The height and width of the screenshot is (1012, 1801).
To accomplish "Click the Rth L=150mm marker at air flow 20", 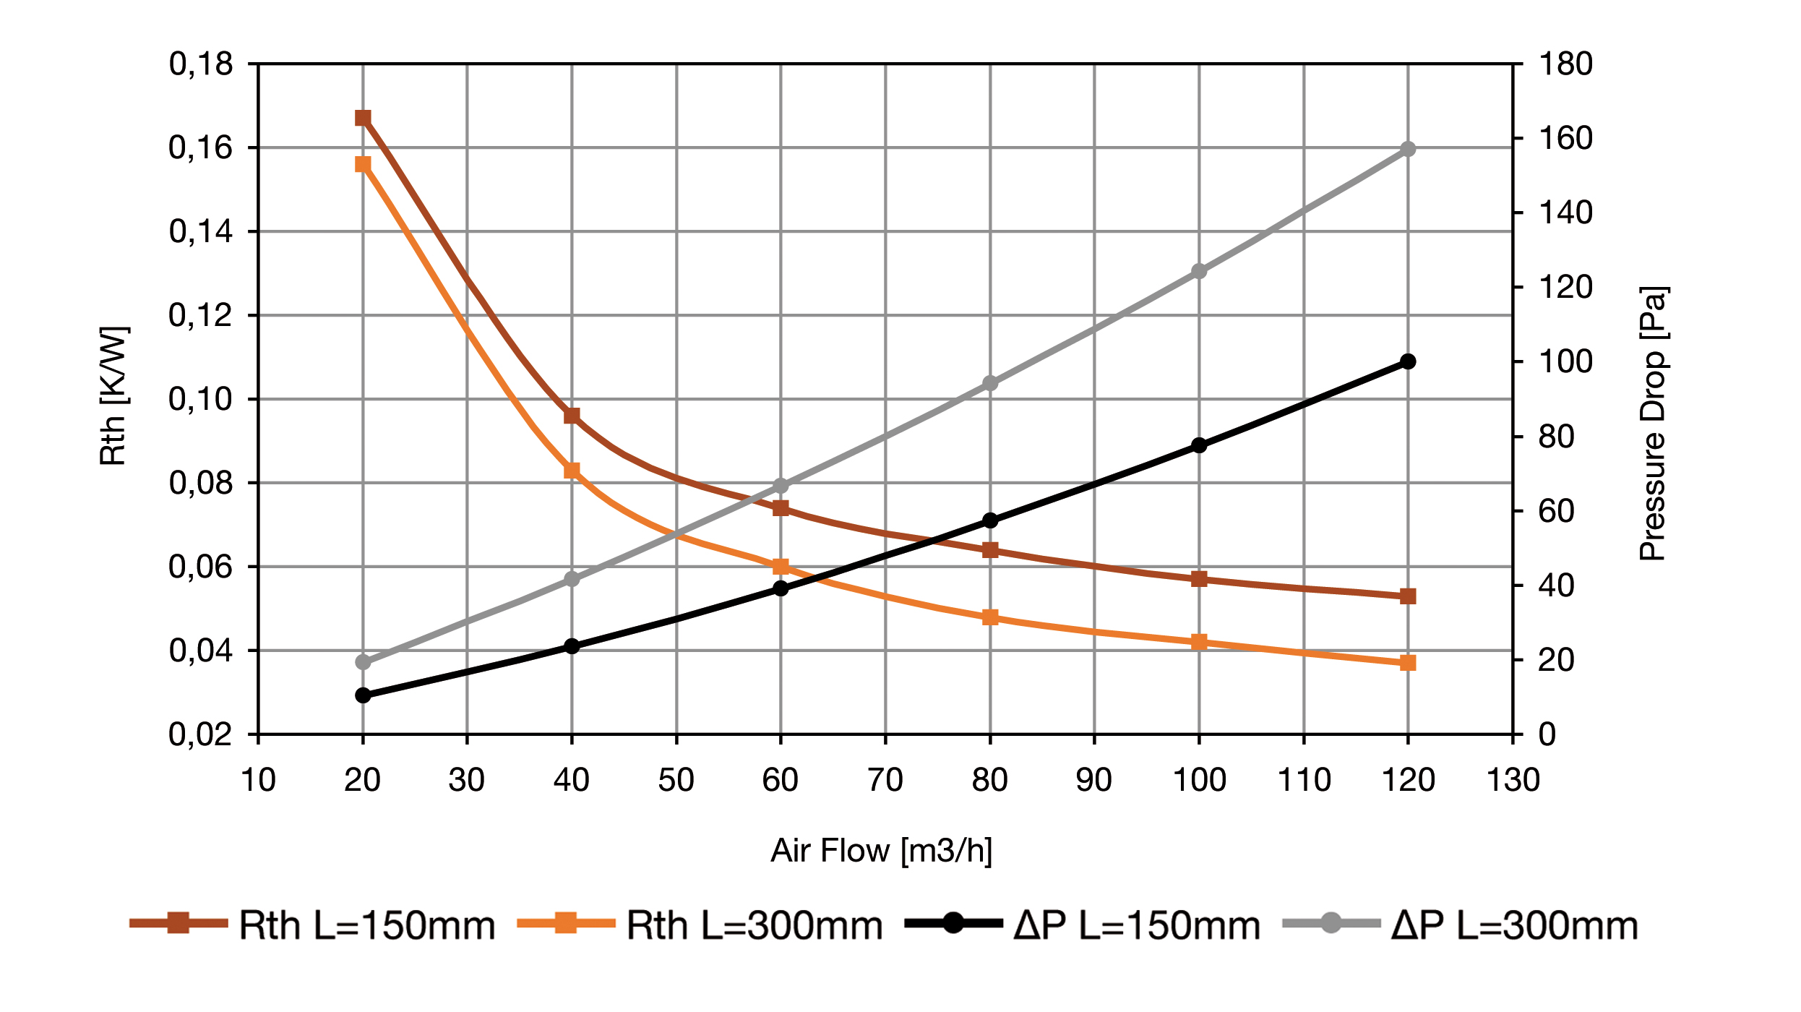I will [363, 118].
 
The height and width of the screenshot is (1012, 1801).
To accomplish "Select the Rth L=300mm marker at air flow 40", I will [572, 471].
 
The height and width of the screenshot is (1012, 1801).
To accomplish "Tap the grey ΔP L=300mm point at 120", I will [1408, 150].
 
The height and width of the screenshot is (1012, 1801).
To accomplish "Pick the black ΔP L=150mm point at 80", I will [990, 520].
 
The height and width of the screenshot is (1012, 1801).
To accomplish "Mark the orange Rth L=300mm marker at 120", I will [1408, 663].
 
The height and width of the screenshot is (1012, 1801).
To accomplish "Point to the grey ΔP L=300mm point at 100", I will [1199, 271].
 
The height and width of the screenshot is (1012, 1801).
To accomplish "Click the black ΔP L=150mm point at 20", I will [363, 695].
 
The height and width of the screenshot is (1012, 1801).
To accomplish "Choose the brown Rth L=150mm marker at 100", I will [1199, 579].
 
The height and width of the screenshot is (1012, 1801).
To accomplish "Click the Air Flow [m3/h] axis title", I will [882, 851].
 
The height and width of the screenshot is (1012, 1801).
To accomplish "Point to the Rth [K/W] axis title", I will [113, 396].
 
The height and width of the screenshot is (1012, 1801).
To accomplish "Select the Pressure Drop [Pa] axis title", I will [1653, 424].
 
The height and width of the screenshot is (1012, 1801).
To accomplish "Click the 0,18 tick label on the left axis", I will [201, 64].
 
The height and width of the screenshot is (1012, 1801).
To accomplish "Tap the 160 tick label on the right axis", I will [1565, 138].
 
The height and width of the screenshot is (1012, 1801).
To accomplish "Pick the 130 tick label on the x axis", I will [1513, 781].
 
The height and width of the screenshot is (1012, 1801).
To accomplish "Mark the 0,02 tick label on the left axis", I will [201, 735].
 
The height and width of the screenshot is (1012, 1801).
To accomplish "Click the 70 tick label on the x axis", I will [885, 781].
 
